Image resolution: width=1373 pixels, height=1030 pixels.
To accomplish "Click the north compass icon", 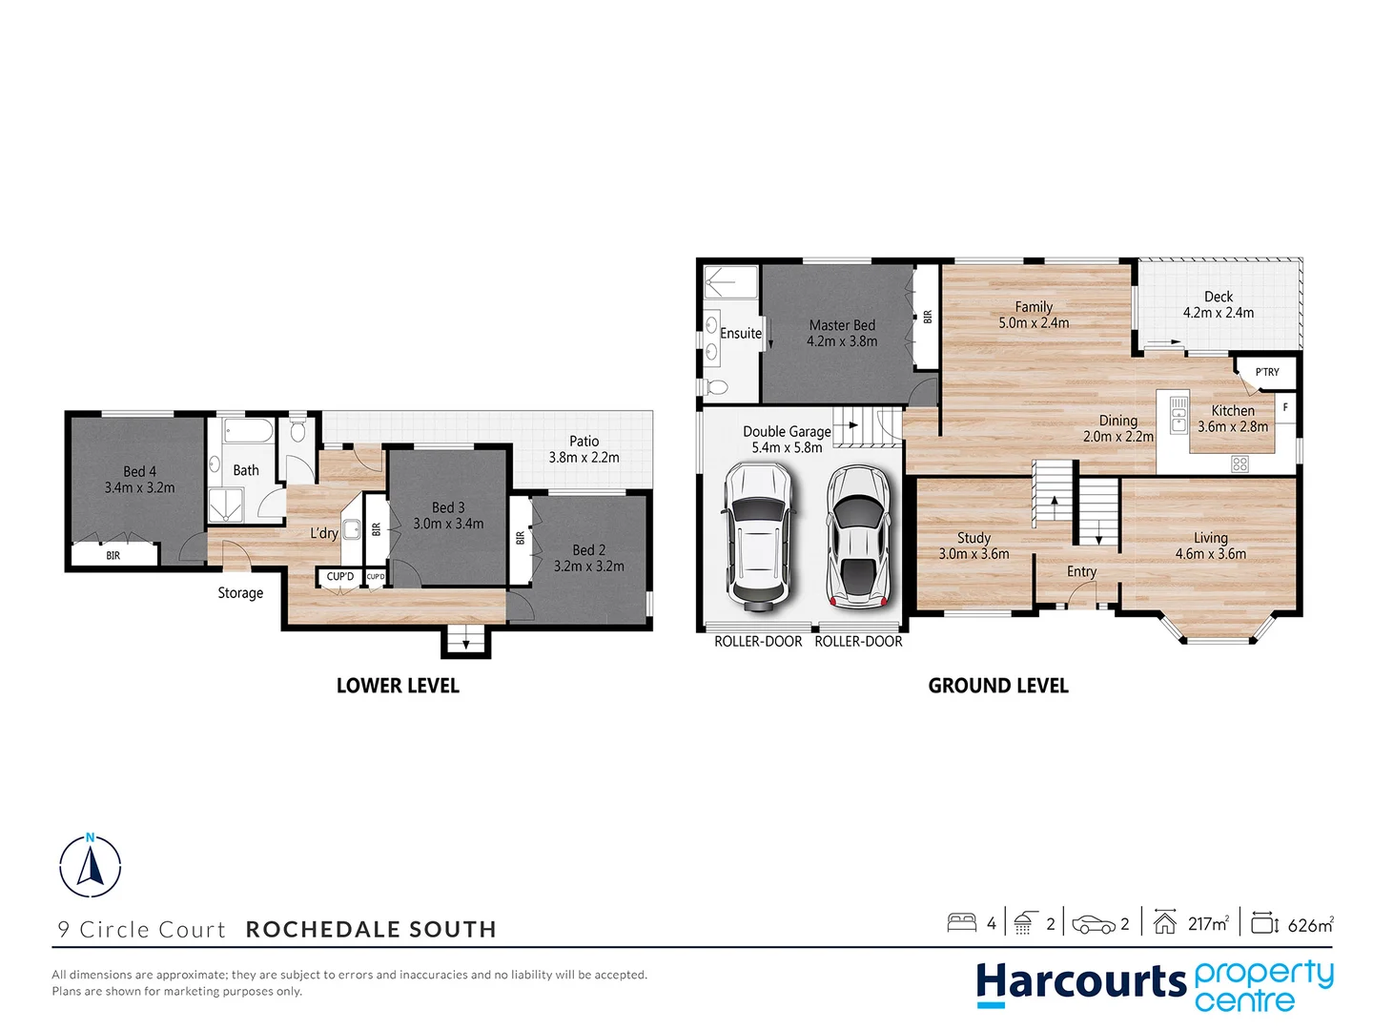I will click(91, 865).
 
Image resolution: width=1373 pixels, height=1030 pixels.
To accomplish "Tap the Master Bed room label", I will click(842, 333).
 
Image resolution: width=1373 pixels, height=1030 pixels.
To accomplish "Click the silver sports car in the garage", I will click(858, 536).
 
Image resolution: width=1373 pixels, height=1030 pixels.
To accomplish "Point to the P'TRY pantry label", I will click(1267, 372).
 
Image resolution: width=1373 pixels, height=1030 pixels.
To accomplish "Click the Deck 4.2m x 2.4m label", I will click(1218, 304).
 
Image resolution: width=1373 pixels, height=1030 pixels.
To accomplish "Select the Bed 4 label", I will click(139, 479).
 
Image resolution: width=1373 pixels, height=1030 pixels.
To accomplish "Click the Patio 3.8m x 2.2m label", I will click(584, 449).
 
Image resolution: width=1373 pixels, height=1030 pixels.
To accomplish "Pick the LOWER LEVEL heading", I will click(398, 686).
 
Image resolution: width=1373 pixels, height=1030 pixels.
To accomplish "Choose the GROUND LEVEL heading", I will click(998, 686).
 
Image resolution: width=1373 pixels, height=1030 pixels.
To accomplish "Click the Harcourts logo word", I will click(1080, 982).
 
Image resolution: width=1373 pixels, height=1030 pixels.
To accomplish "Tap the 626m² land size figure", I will click(1310, 924).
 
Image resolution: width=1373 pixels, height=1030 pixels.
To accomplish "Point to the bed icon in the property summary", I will click(961, 922).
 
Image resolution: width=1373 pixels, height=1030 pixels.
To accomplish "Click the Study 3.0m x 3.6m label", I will click(973, 546).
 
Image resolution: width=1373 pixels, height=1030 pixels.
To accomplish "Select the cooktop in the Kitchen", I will click(1240, 464).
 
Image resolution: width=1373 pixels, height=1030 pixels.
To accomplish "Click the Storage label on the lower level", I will click(240, 593).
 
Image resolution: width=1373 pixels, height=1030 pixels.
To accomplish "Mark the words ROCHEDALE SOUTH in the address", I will click(371, 929).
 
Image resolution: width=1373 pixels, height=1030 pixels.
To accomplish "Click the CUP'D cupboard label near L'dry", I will click(340, 577).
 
